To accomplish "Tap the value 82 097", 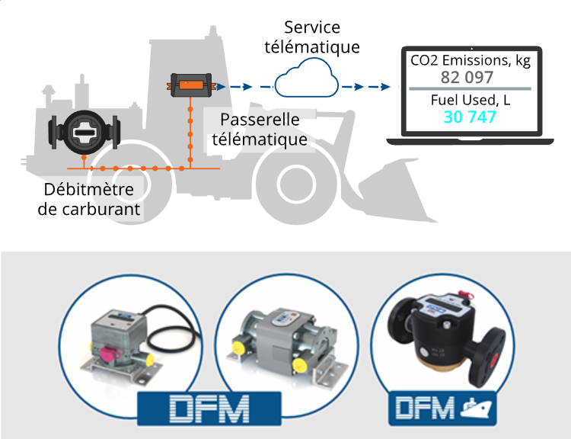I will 467,77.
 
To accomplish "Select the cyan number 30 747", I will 470,117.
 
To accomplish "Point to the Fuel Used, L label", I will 470,100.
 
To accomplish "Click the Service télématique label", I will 311,37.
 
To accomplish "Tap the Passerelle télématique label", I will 260,130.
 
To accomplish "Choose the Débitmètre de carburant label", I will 90,198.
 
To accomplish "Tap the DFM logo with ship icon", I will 442,408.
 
